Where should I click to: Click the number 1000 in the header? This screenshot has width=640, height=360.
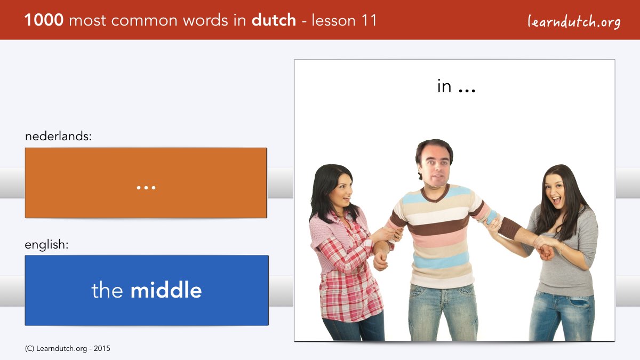coord(44,20)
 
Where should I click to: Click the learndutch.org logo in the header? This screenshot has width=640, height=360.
coord(574,21)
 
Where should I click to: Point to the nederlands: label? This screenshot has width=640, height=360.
coord(58,136)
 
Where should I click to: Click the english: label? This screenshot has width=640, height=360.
coord(46,245)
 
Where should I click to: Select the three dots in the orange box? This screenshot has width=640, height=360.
coord(146,188)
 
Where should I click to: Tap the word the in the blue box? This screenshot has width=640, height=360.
coord(107,290)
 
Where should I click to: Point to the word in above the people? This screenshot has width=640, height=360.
coord(444,86)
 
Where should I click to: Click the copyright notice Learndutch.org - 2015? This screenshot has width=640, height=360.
coord(67,349)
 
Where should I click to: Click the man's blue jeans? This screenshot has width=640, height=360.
coord(442,313)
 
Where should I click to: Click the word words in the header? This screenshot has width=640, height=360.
coord(206,20)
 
